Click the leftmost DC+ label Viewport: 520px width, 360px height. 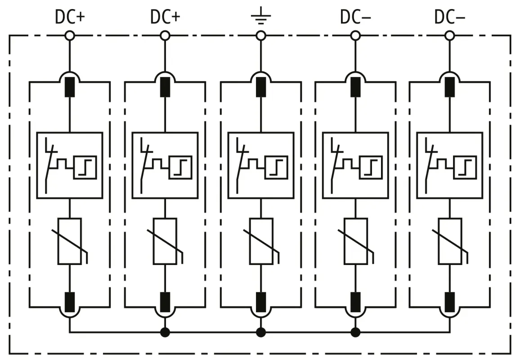70,17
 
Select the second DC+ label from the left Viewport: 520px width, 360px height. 165,17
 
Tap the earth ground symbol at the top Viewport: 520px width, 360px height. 260,18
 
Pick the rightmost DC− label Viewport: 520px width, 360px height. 449,17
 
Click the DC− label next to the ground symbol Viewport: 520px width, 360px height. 355,17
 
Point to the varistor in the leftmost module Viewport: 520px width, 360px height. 70,241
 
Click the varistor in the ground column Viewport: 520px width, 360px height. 260,241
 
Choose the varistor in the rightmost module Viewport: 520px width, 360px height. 449,241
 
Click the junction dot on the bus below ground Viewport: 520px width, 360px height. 260,333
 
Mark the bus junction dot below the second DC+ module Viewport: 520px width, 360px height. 165,333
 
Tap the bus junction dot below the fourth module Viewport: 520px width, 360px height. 355,333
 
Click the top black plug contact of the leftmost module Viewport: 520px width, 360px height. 70,87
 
